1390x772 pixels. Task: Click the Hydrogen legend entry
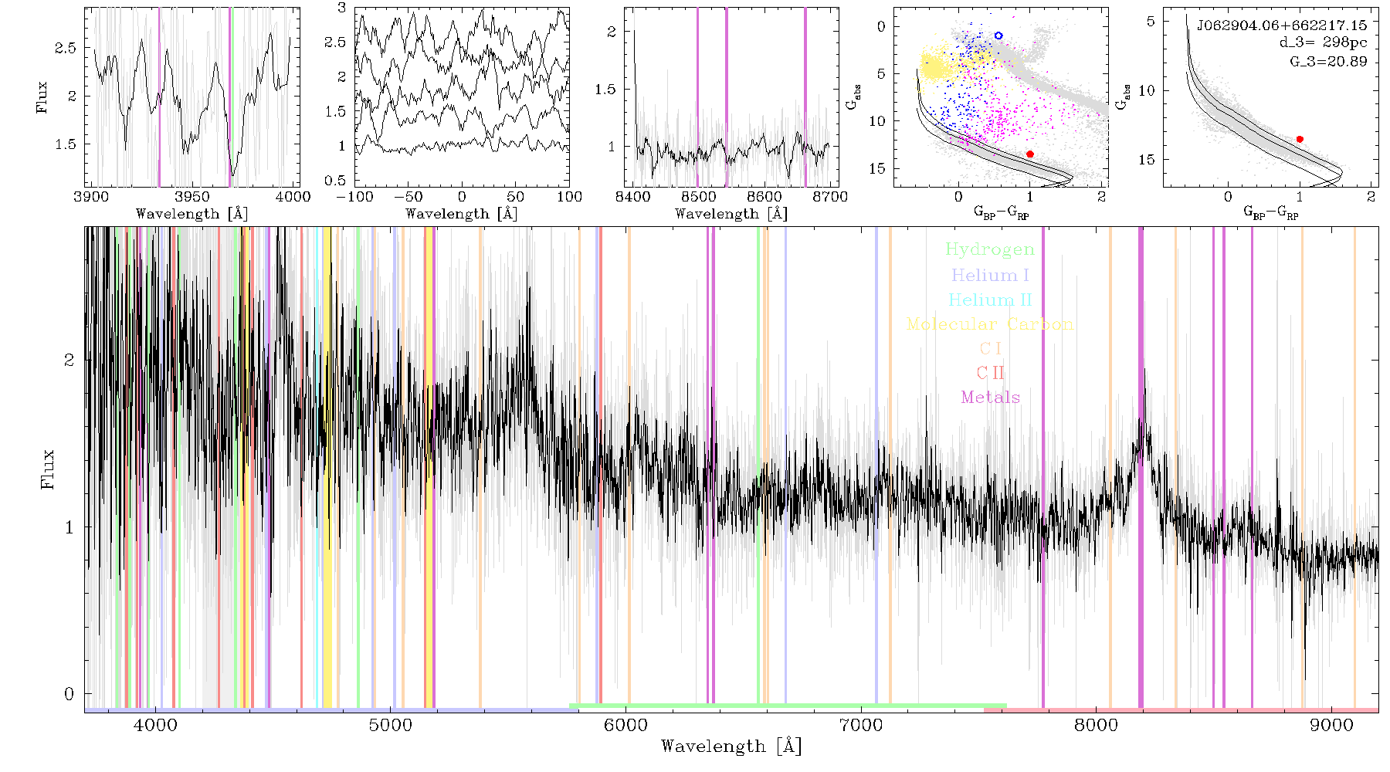[x=989, y=249]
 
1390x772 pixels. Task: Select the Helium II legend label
[x=990, y=300]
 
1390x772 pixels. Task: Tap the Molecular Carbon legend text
[x=990, y=324]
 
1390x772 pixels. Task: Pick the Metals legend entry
[x=991, y=398]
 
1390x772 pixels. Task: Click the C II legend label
[x=991, y=373]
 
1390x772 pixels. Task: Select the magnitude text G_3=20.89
[x=1328, y=61]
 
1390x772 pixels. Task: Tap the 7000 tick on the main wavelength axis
[x=861, y=725]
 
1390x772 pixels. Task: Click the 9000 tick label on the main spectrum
[x=1331, y=725]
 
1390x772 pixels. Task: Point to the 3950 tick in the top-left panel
[x=192, y=197]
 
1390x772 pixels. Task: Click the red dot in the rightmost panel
[x=1300, y=139]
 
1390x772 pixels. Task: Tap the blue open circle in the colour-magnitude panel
[x=998, y=36]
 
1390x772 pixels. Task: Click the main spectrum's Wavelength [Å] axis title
[x=731, y=747]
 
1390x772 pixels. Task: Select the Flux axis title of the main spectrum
[x=48, y=469]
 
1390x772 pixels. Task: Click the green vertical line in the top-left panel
[x=230, y=97]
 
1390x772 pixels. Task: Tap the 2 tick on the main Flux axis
[x=69, y=360]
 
